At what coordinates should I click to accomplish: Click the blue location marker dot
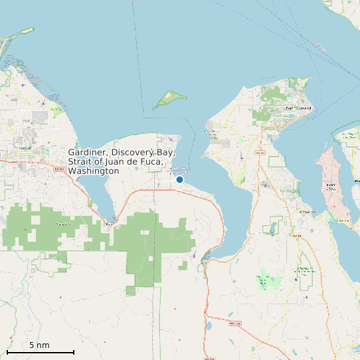179,179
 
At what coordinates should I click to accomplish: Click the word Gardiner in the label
88,152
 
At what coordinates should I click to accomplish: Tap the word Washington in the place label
94,171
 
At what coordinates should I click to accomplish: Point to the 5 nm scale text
39,345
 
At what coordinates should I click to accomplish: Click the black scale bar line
40,352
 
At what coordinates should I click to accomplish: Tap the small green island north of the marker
169,99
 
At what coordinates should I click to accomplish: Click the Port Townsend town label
298,108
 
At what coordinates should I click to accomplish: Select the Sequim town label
27,147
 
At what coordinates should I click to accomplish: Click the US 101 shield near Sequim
58,170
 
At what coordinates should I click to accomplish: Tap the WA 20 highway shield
260,153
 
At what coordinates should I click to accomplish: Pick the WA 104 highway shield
232,323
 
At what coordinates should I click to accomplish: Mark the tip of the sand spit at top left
31,29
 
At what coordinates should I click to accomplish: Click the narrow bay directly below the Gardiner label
100,196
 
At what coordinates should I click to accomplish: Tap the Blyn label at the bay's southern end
110,224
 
